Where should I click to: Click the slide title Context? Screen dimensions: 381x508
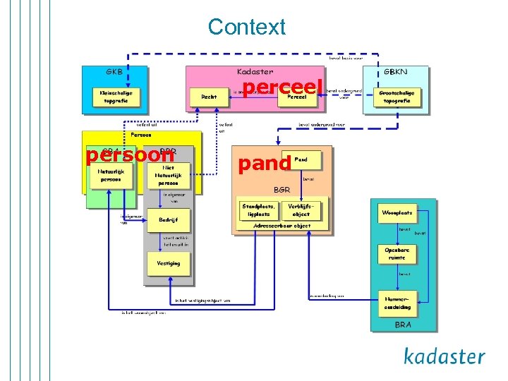(247, 27)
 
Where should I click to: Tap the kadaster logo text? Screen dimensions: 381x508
(444, 356)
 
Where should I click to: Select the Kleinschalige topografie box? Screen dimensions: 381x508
(116, 97)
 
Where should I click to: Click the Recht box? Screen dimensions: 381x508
(209, 97)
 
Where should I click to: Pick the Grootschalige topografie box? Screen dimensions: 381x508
(397, 97)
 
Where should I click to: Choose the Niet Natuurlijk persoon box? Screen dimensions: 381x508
(168, 175)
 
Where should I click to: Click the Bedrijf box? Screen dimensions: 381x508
(168, 220)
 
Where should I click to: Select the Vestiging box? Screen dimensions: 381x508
(168, 263)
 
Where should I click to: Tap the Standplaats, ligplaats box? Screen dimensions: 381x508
(259, 210)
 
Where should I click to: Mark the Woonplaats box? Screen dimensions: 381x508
(397, 212)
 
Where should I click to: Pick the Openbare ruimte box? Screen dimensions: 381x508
(397, 254)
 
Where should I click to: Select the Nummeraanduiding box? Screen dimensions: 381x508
(397, 303)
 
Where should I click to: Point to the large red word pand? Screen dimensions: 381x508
(264, 164)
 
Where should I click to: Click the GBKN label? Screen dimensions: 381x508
(395, 72)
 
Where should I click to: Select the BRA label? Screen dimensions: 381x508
(403, 325)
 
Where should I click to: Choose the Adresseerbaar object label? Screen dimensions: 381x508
(282, 226)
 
